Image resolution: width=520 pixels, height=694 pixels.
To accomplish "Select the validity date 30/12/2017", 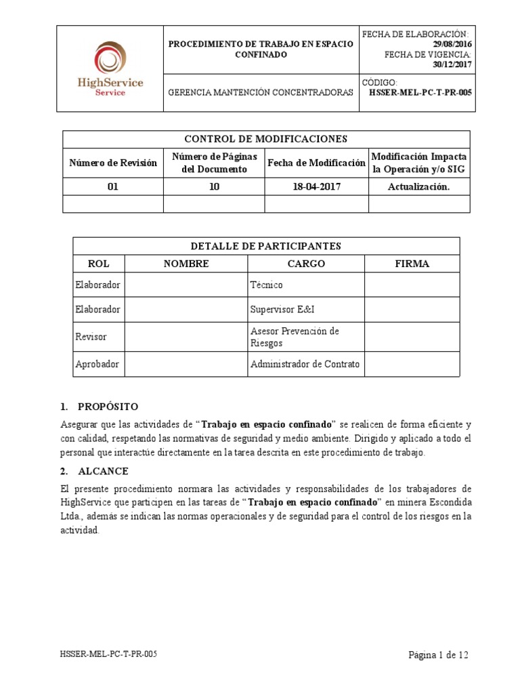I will coord(452,65).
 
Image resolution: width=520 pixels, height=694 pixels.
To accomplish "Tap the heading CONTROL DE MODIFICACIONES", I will coord(266,139).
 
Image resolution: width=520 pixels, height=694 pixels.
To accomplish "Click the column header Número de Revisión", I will coord(113,163).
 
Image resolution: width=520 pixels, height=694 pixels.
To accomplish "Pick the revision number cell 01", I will coord(113,186).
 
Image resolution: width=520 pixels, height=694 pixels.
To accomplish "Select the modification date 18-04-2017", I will coord(316,186).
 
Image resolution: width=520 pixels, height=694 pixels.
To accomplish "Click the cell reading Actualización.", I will coord(418,186).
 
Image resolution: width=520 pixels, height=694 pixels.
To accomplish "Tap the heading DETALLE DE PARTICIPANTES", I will coord(266,245).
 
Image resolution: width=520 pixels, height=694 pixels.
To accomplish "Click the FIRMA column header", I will coord(412,264).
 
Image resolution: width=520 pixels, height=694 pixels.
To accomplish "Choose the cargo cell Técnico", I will coord(267,285).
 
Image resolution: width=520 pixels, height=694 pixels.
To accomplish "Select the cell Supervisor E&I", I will coord(282,310).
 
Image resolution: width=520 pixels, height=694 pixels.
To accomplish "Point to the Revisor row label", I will coord(91,337).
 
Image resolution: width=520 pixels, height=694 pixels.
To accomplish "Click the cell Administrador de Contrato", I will coord(305,364).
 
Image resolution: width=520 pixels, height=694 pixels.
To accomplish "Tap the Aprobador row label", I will coord(97,364).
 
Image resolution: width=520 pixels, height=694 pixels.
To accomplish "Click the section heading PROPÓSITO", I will coord(108,407).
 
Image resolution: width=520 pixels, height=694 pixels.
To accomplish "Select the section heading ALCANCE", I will coord(103,471).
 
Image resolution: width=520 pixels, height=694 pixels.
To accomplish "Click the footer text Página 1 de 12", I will coord(438,655).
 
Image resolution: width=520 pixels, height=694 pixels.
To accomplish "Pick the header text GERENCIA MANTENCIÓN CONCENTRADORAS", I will coord(260,92).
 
